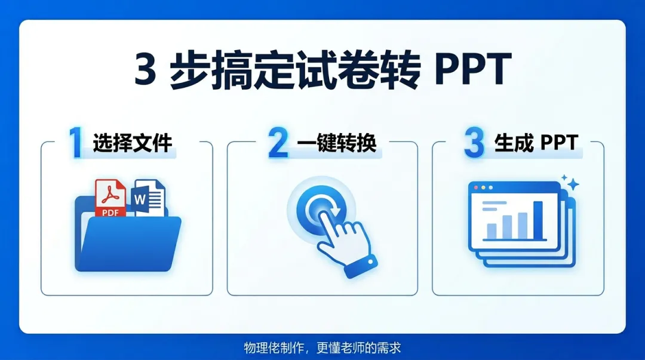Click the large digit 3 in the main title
[x=146, y=71]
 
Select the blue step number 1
[x=76, y=143]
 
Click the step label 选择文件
[x=133, y=143]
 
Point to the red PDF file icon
[x=110, y=198]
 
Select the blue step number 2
[x=278, y=143]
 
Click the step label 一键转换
[x=337, y=143]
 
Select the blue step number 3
[x=474, y=143]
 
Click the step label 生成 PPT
[x=536, y=143]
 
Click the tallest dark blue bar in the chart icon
[x=537, y=219]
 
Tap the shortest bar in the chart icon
[x=492, y=230]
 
